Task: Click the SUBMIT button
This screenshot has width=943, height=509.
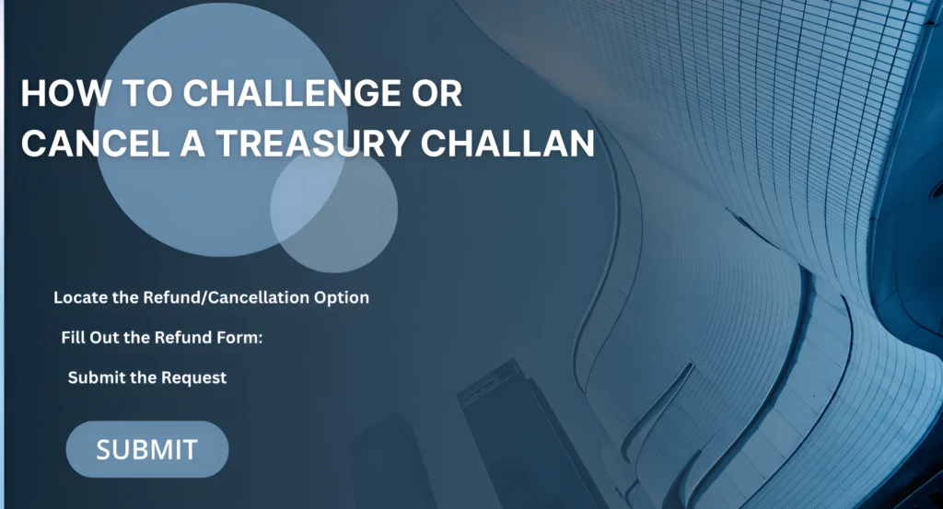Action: [147, 449]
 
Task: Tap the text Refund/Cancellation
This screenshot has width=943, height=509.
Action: [215, 298]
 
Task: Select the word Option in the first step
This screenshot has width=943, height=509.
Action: [341, 298]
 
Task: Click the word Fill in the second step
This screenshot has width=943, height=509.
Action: [73, 338]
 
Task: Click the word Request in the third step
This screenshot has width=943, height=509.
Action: [193, 377]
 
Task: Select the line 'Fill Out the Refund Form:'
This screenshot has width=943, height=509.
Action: [162, 338]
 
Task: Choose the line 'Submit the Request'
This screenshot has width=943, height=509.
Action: [147, 377]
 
